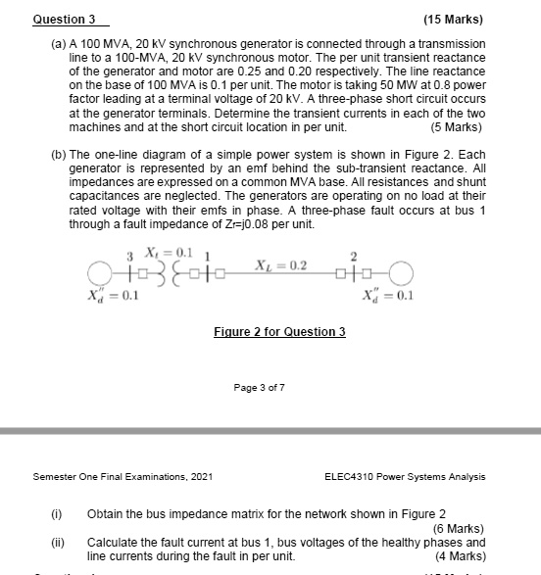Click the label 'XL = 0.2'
click(x=280, y=265)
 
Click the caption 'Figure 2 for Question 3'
click(x=279, y=332)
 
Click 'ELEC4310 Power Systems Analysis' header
click(x=404, y=477)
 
